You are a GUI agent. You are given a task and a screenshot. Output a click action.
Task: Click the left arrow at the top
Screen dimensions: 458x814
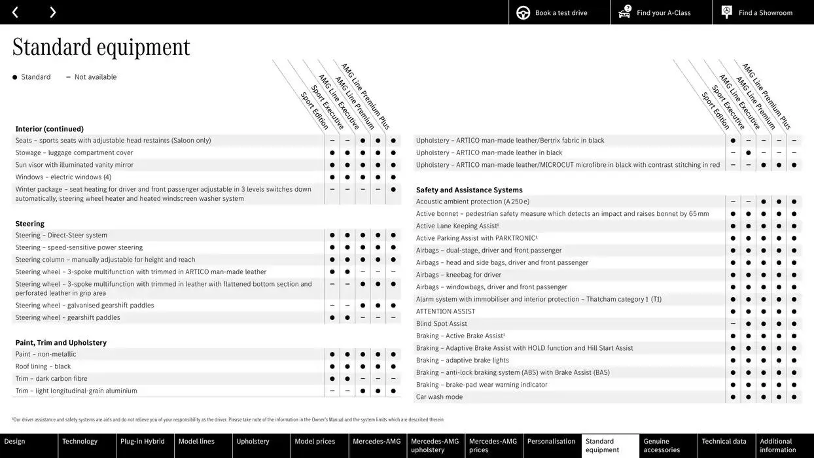[15, 12]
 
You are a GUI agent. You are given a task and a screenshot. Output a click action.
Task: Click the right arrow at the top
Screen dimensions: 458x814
[52, 12]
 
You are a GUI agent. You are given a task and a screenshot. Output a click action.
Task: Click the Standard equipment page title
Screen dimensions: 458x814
[101, 47]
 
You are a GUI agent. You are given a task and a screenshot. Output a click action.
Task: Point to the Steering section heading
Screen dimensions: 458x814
[30, 224]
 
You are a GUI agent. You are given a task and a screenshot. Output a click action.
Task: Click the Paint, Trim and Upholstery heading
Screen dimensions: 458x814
[61, 343]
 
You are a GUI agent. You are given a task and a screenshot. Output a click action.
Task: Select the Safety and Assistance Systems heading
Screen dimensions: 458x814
[469, 190]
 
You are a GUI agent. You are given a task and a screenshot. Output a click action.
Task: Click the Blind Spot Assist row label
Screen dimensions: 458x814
[442, 324]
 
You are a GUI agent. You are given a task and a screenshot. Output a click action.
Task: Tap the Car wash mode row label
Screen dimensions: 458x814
[439, 397]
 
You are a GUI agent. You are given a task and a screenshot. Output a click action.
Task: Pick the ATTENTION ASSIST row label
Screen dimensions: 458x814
[446, 311]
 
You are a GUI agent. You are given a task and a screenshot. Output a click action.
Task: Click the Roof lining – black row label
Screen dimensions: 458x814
[43, 366]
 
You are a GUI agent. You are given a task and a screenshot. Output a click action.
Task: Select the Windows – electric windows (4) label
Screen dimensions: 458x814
[63, 177]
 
